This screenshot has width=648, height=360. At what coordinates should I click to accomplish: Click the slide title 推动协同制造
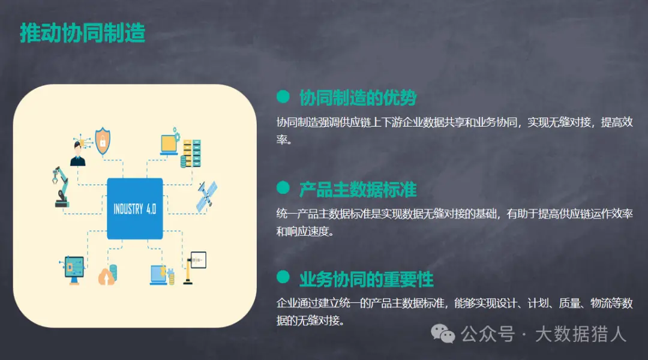pos(83,33)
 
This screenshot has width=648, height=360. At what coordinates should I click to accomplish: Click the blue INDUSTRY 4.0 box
pos(135,209)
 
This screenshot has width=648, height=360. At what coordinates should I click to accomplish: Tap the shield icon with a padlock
pos(103,141)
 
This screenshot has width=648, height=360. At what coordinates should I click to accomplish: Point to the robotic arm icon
pos(61,187)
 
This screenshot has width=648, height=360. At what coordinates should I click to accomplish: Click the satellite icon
pos(206,197)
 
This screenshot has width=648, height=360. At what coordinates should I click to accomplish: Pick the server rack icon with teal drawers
pos(191,154)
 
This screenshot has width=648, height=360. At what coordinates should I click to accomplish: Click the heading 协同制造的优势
pos(358,98)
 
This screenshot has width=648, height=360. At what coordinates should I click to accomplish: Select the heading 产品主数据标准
pos(358,189)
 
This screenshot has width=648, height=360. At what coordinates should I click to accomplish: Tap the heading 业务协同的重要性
pos(366,280)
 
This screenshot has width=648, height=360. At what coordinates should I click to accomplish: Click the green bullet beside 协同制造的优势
pos(283,97)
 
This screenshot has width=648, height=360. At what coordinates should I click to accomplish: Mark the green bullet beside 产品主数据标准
pos(283,188)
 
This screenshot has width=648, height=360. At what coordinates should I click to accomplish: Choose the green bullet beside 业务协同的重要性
pos(283,277)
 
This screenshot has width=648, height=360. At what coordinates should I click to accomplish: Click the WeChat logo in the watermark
pos(443,334)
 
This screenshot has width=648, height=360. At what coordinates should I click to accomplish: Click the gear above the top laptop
pos(176,134)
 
